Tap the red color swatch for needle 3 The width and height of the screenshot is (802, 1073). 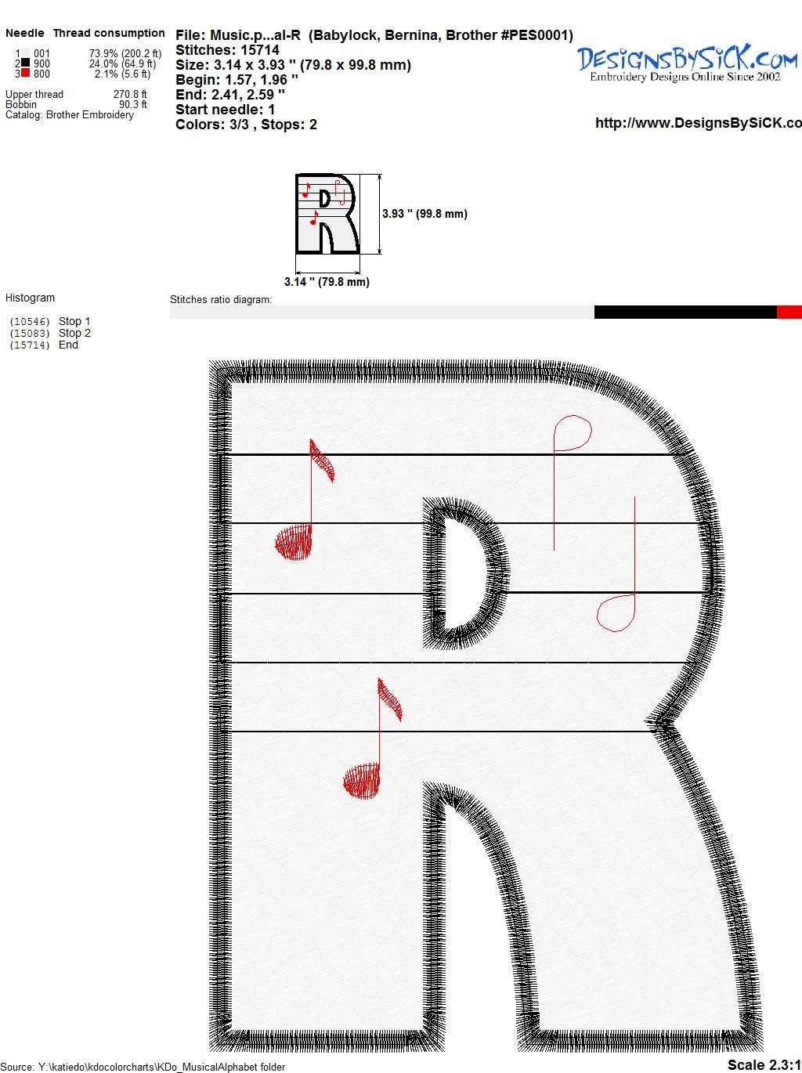25,74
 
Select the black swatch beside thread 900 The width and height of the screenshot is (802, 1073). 25,63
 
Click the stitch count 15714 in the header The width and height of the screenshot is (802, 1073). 260,50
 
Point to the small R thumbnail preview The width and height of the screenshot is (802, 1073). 327,214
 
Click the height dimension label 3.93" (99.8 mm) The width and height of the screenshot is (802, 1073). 424,214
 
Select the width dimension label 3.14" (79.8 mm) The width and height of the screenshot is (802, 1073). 327,282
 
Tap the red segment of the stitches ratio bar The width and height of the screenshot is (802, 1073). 789,312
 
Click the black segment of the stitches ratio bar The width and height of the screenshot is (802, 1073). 685,312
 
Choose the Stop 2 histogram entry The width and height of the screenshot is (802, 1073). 74,333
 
